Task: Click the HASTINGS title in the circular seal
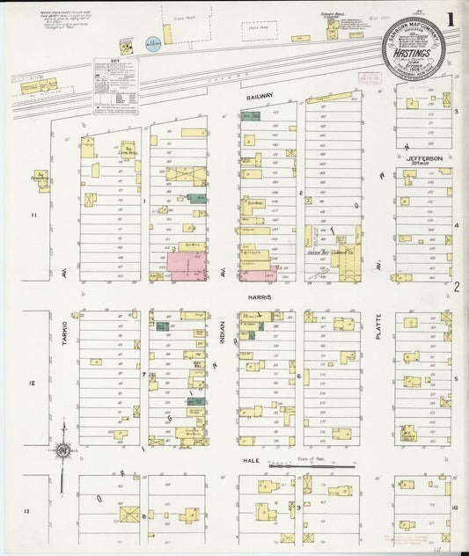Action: (x=413, y=51)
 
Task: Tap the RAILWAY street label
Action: (x=260, y=95)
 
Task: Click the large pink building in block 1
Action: (x=187, y=266)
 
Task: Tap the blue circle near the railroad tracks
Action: (x=153, y=42)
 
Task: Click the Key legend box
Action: (x=116, y=86)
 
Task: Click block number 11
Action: (x=34, y=215)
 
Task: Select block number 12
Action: (x=33, y=384)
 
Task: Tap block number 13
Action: (x=27, y=511)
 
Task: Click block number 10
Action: (x=454, y=508)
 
